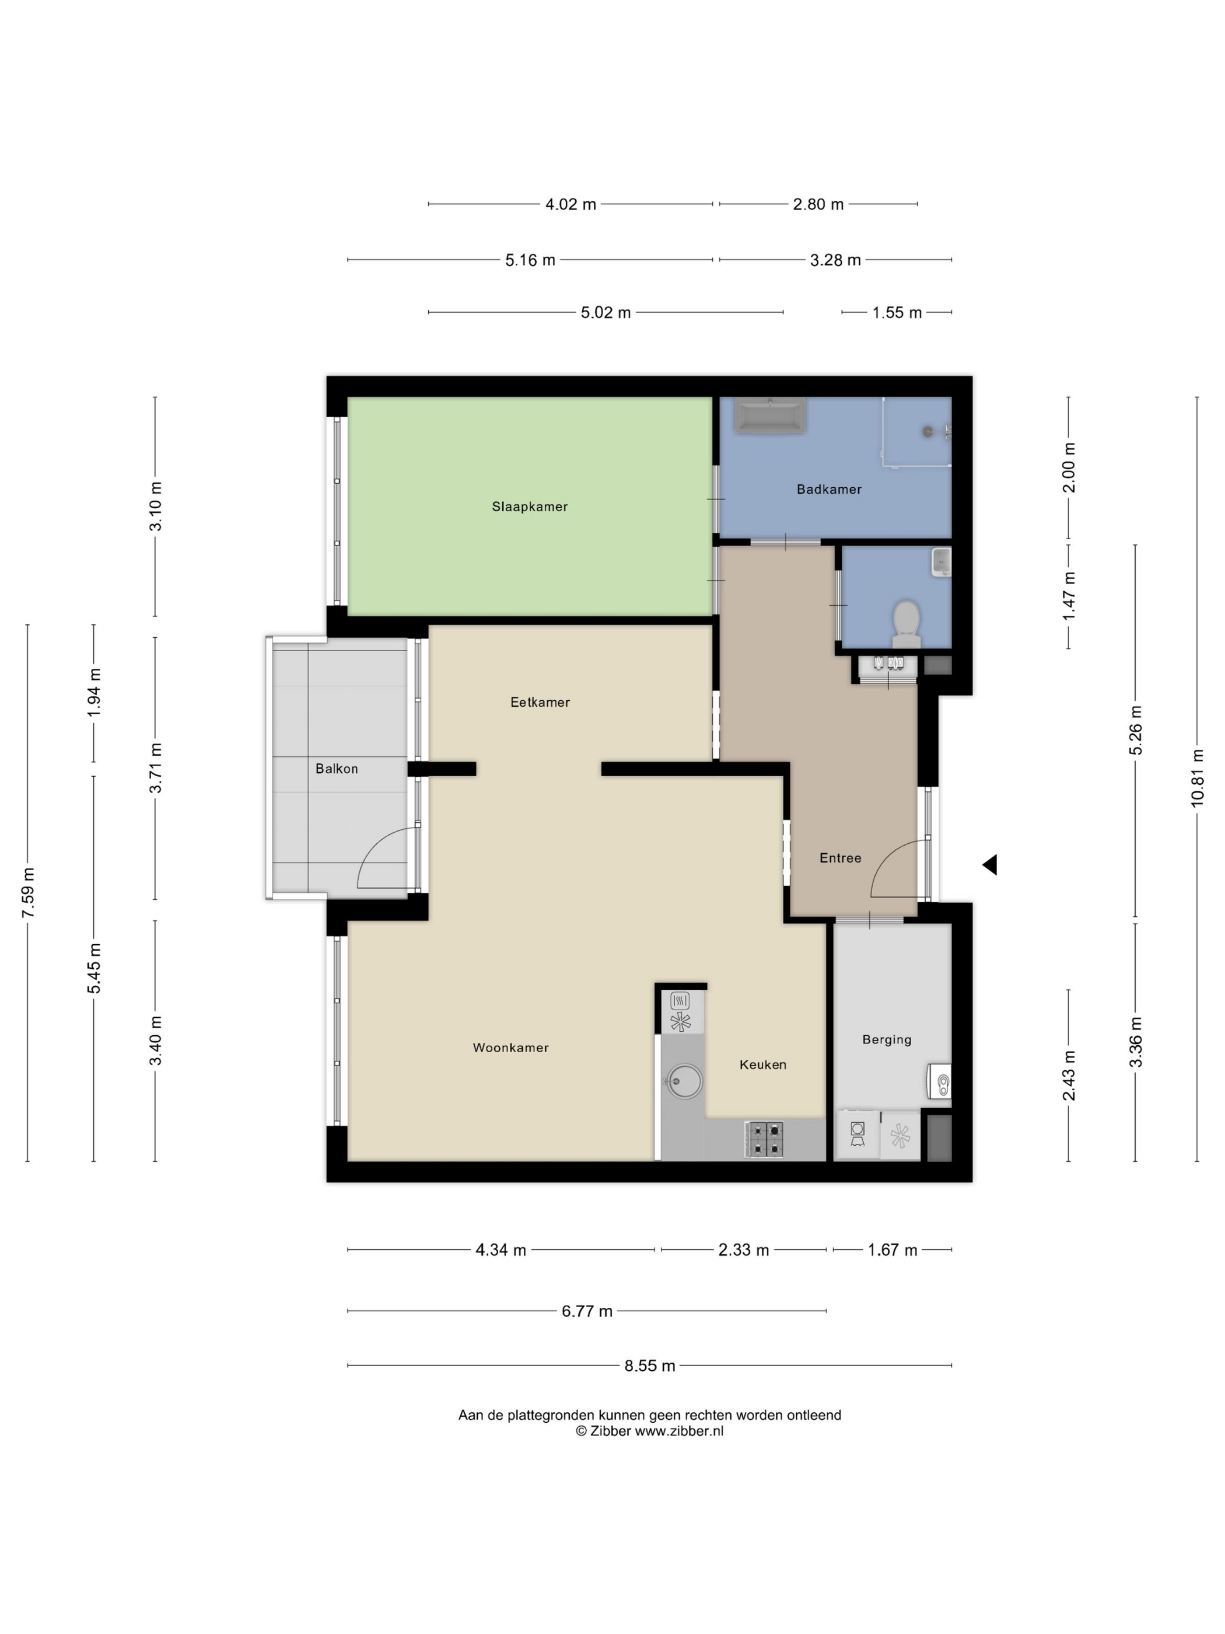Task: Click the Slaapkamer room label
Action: click(530, 507)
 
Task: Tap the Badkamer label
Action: click(828, 489)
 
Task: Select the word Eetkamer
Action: click(540, 703)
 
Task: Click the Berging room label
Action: click(887, 1039)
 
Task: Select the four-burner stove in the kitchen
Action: click(764, 1139)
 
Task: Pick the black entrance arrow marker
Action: click(989, 864)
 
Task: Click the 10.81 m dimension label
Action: click(1197, 778)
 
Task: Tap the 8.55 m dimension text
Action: click(650, 1366)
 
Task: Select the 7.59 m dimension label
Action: click(28, 892)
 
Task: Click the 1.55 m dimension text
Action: click(897, 312)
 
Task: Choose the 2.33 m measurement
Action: click(744, 1250)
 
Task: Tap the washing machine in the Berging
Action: click(857, 1134)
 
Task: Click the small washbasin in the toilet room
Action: click(941, 562)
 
